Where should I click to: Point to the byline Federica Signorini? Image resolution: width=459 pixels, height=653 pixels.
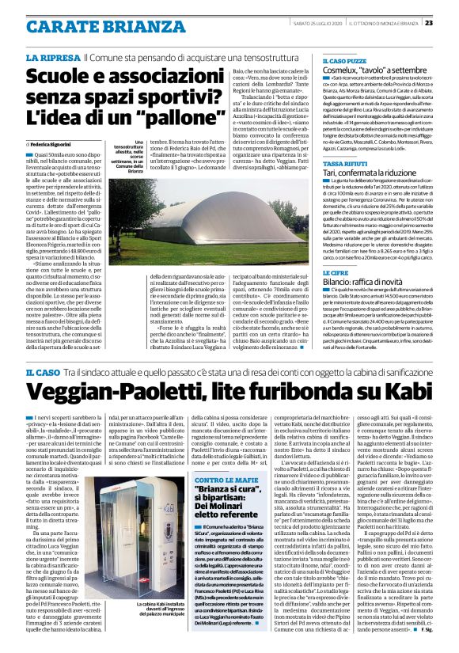57,146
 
